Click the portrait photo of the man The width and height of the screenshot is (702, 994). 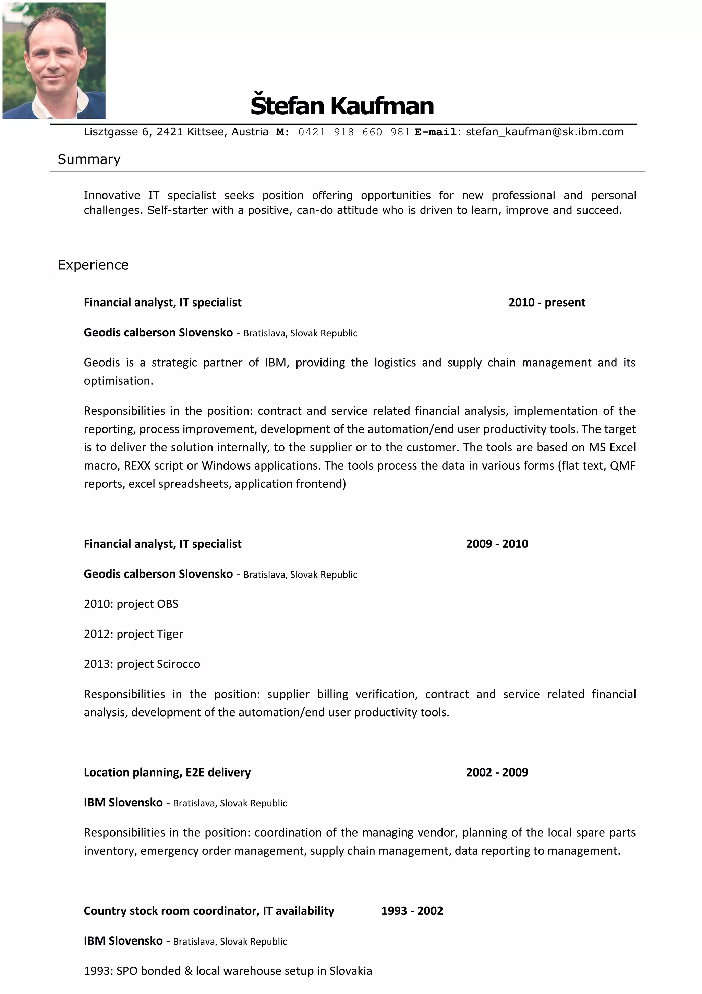point(54,61)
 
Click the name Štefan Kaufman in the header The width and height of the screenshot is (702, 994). point(342,106)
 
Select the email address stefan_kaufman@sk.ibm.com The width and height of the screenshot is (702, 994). point(544,132)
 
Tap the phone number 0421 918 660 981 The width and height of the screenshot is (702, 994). point(354,132)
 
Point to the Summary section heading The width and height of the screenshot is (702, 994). point(89,159)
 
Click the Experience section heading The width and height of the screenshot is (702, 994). point(93,265)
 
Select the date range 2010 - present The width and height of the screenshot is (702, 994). point(546,303)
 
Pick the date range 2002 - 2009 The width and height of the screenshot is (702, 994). point(497,772)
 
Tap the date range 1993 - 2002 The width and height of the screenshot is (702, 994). point(412,911)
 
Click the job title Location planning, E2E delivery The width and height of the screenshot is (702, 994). point(167,772)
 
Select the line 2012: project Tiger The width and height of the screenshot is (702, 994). point(133,634)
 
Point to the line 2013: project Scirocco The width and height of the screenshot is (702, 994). point(142,664)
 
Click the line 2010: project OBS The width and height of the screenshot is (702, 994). point(131,604)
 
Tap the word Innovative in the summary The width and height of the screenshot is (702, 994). point(112,196)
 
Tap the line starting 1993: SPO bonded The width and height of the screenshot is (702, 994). point(228,971)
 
